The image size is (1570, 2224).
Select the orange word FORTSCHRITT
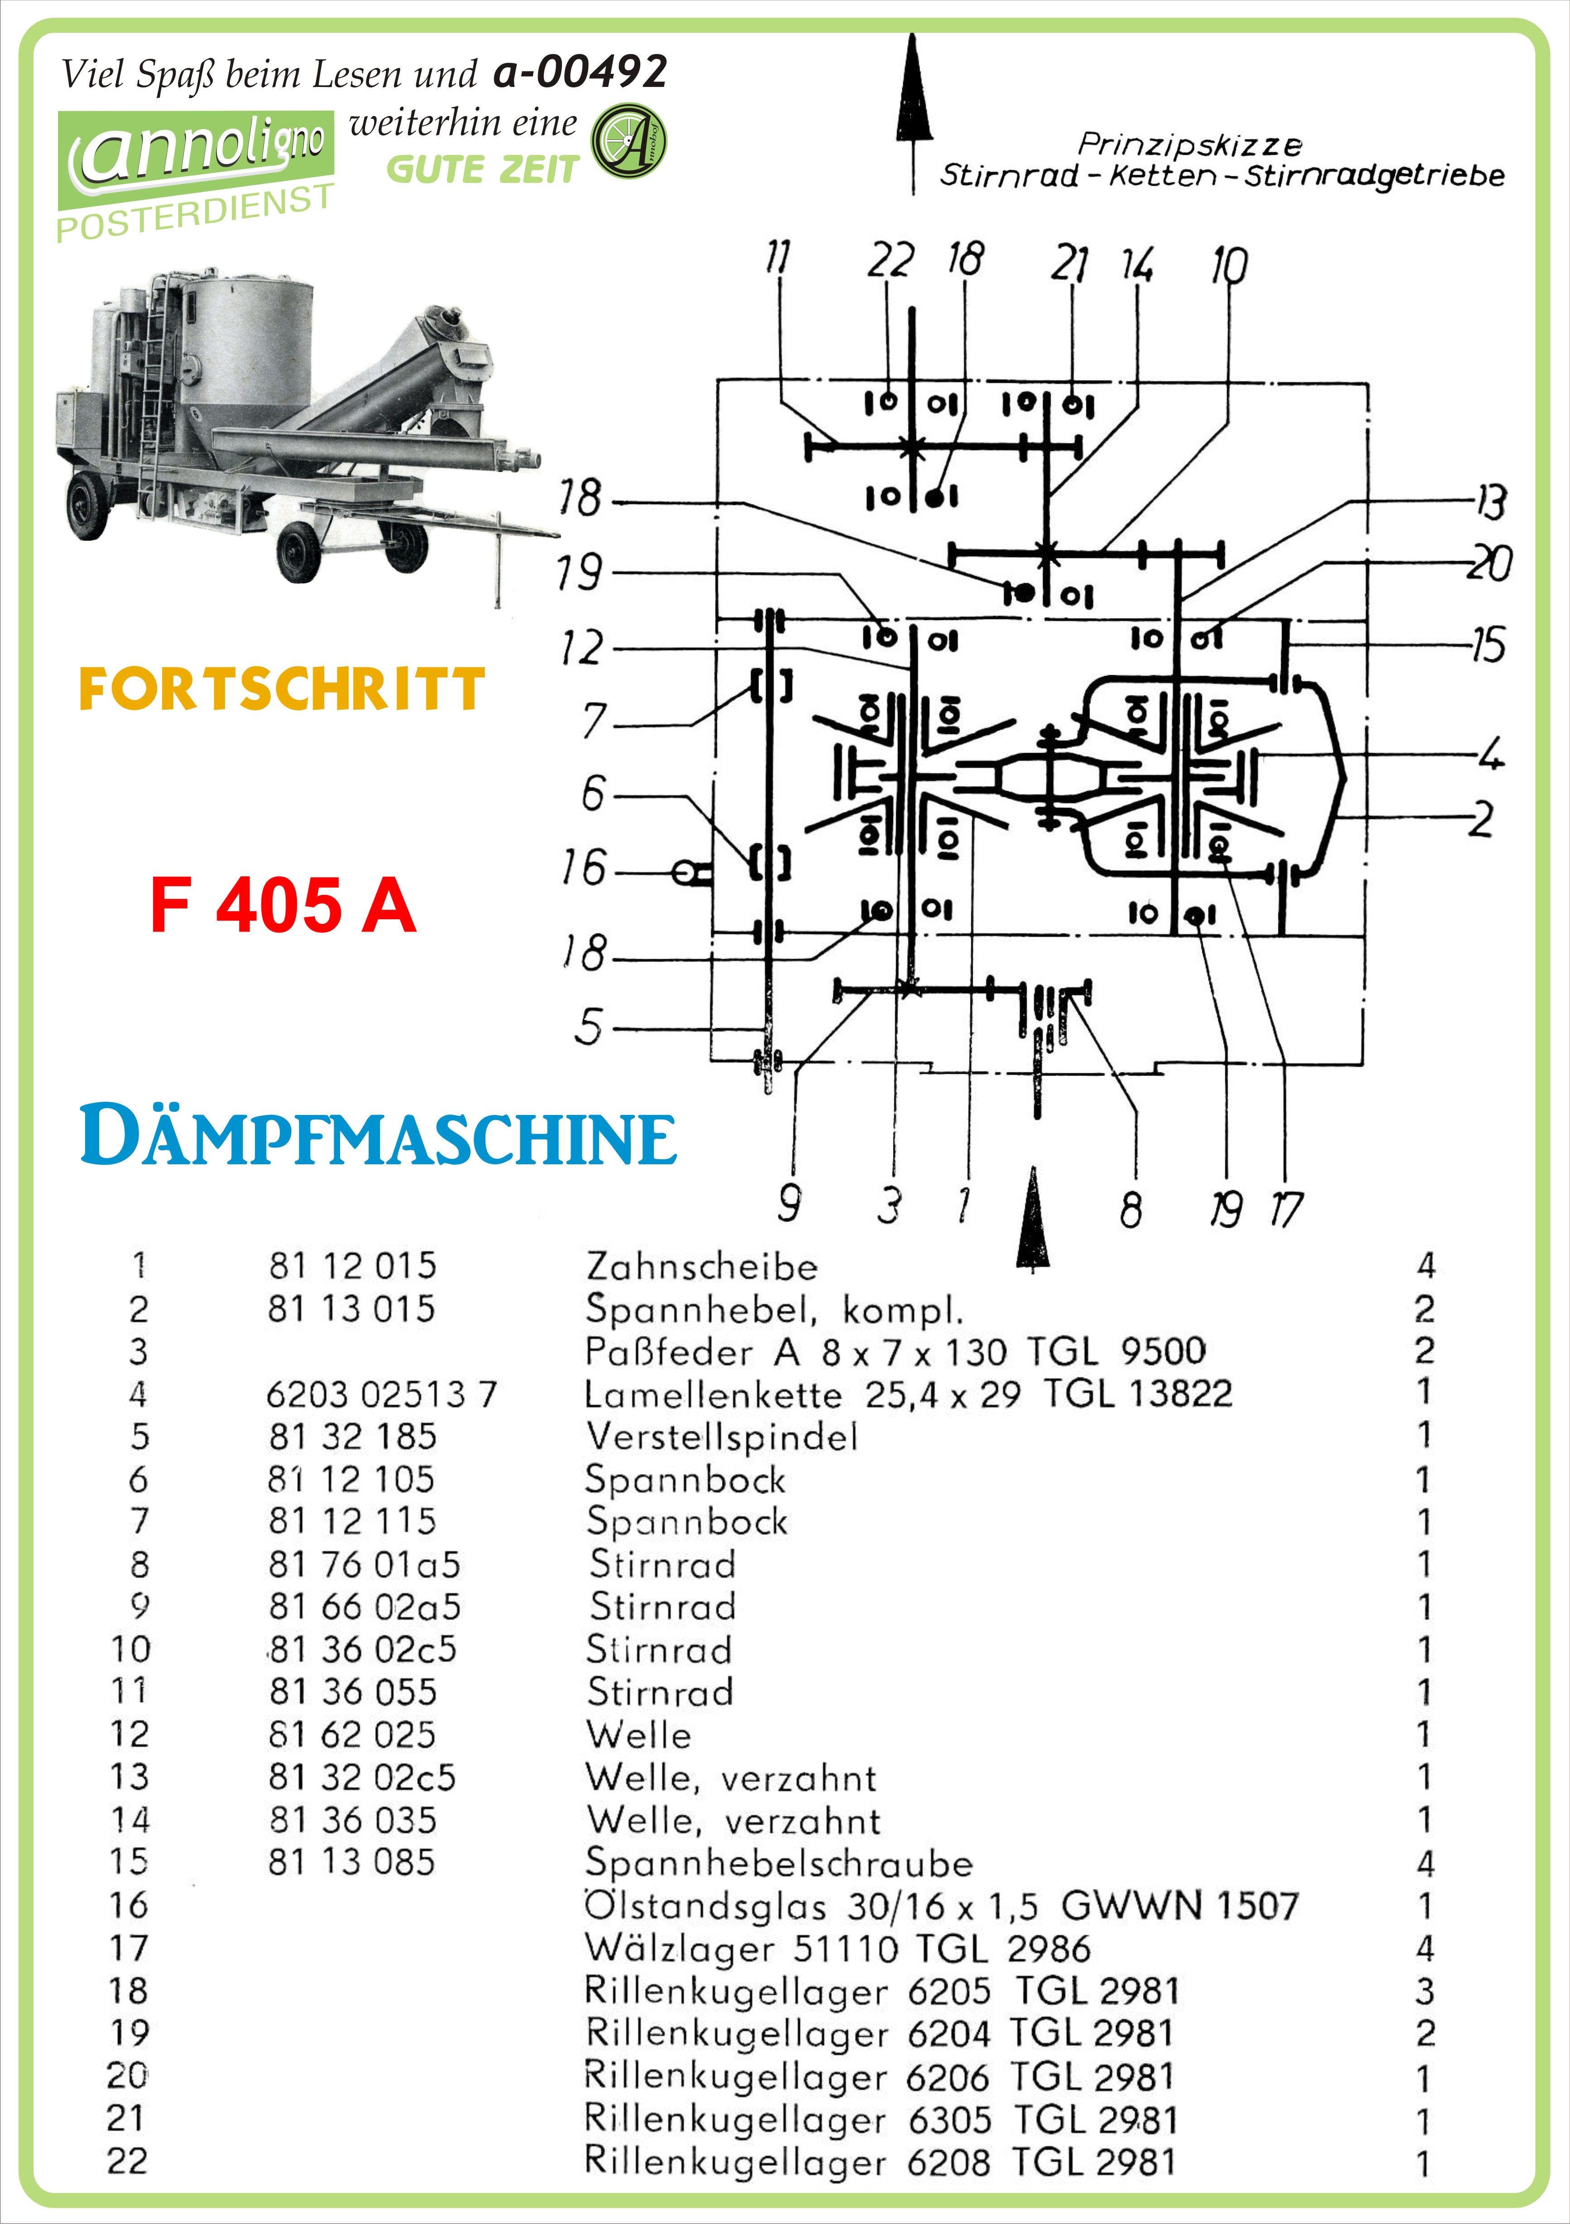point(281,690)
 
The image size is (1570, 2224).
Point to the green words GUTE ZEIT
point(482,169)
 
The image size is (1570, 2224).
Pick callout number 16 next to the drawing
point(583,868)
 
